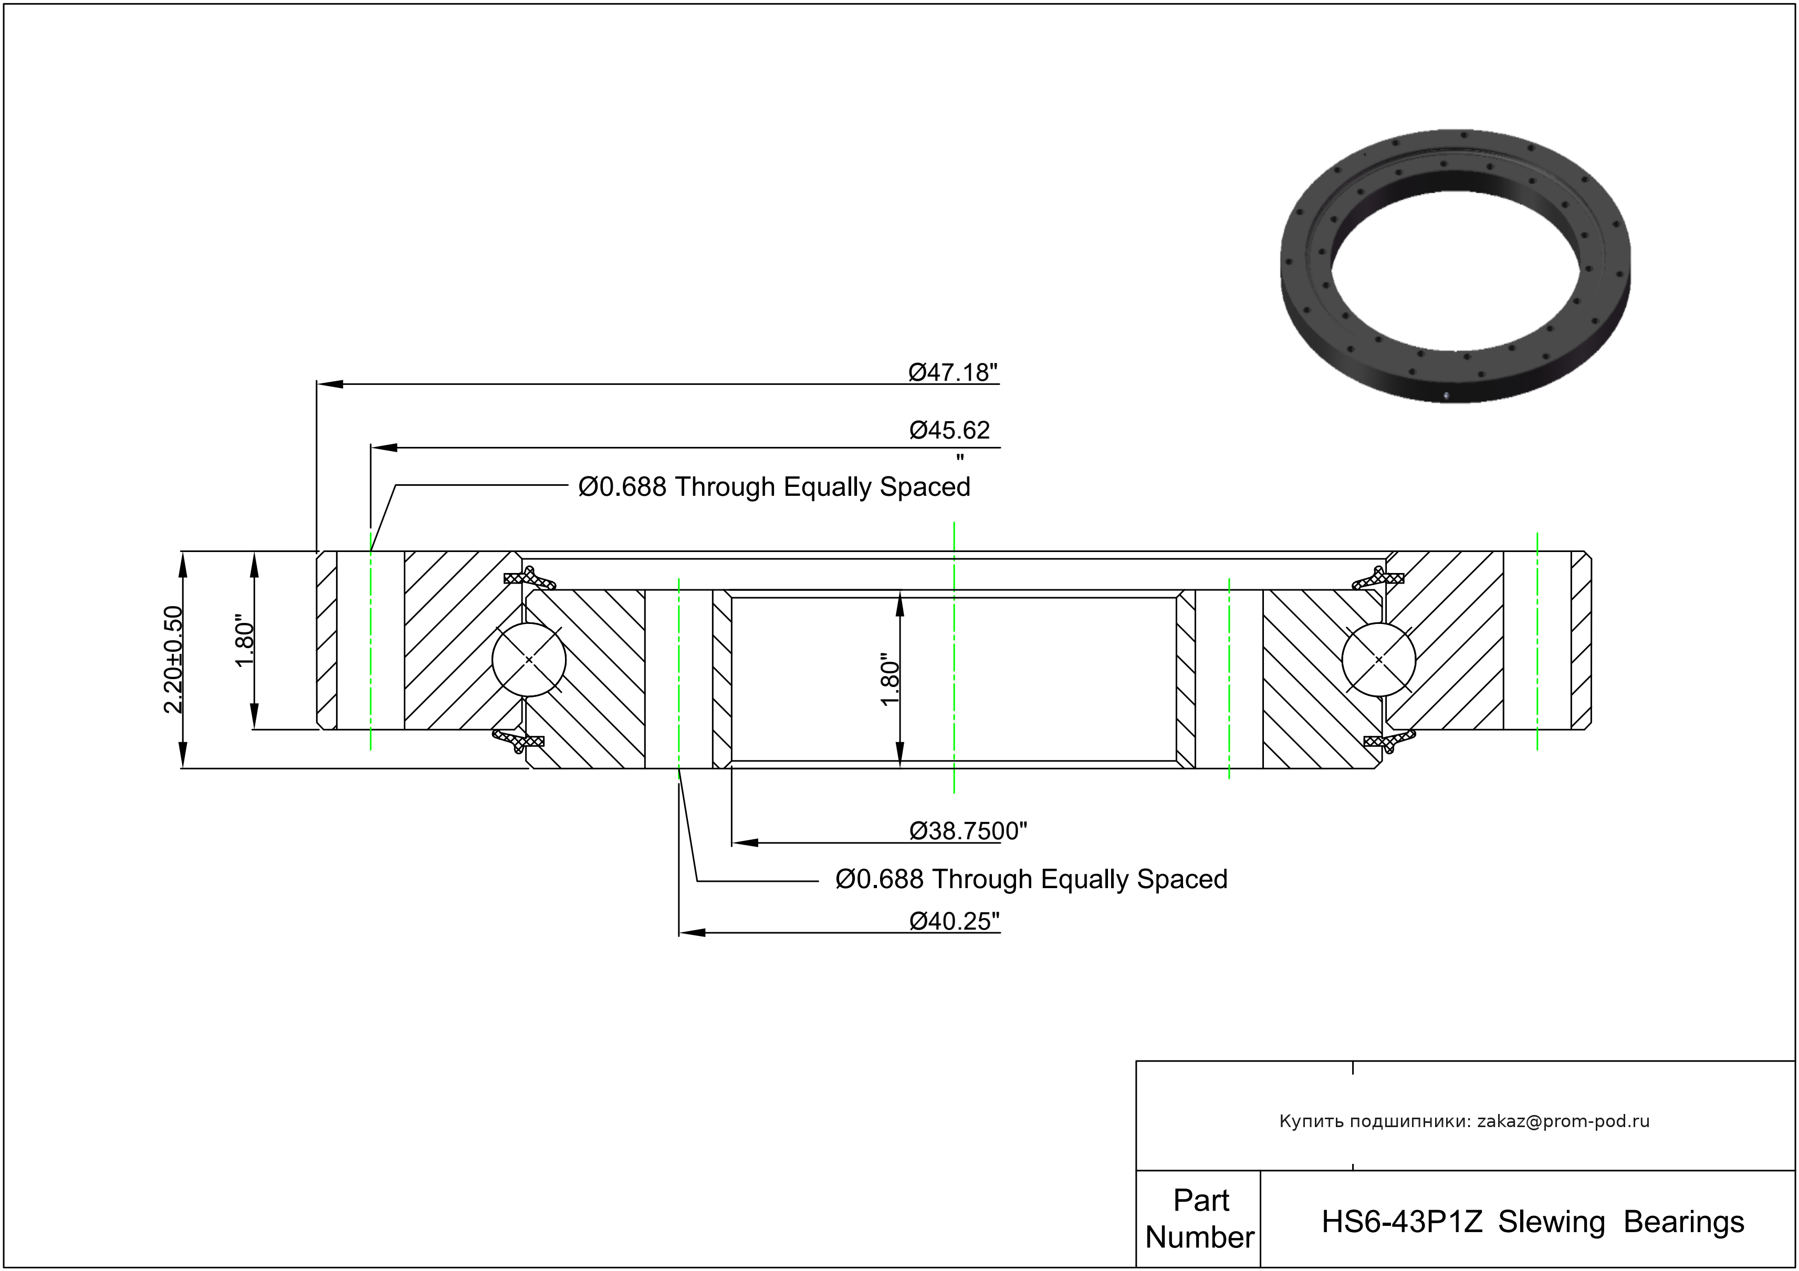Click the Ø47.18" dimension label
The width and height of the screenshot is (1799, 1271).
[953, 372]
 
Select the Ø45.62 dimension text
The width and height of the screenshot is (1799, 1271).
[949, 430]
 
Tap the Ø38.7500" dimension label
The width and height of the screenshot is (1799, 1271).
[968, 831]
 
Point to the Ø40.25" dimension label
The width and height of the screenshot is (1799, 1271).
[954, 922]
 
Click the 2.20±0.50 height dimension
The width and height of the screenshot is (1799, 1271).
[173, 659]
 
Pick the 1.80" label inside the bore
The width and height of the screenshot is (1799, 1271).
[890, 680]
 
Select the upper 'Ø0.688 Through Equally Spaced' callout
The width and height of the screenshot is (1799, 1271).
[773, 487]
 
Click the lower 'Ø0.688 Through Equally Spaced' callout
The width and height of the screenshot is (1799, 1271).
[1031, 879]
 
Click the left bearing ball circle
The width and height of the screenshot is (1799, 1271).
[529, 660]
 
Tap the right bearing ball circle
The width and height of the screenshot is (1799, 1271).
[1378, 660]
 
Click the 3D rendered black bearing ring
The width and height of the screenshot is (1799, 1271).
[1455, 266]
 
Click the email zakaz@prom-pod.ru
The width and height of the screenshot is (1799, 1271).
[1563, 1121]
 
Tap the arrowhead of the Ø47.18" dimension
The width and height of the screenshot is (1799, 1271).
[329, 384]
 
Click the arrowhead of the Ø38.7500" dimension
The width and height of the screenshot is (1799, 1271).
[745, 843]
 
